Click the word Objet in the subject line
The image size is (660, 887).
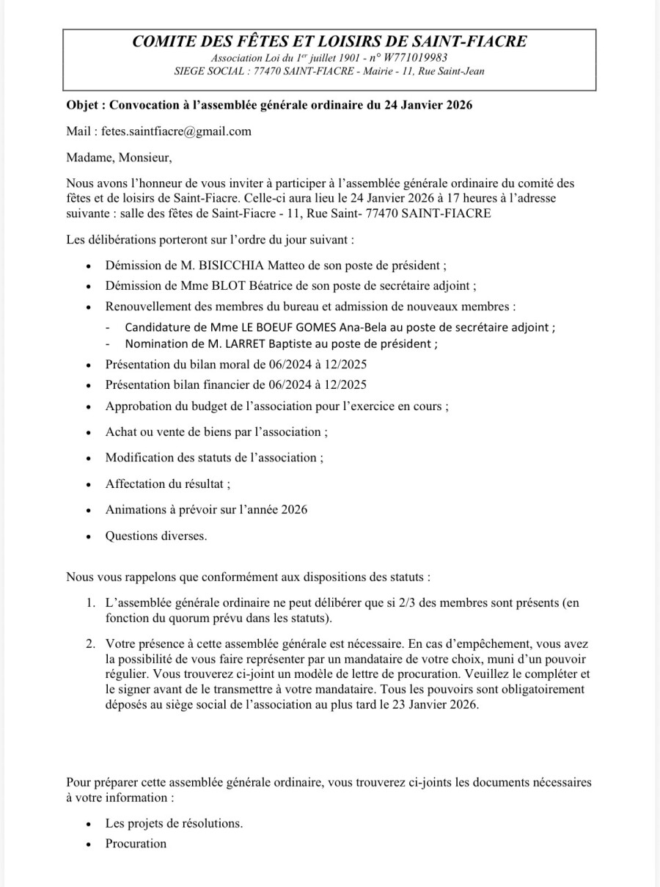coord(81,106)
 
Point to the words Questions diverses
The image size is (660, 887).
coord(156,536)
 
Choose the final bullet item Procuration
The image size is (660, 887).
coord(136,844)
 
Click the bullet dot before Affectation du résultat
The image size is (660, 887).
coord(89,484)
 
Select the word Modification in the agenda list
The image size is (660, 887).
coord(140,457)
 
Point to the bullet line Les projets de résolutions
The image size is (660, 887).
coord(174,823)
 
